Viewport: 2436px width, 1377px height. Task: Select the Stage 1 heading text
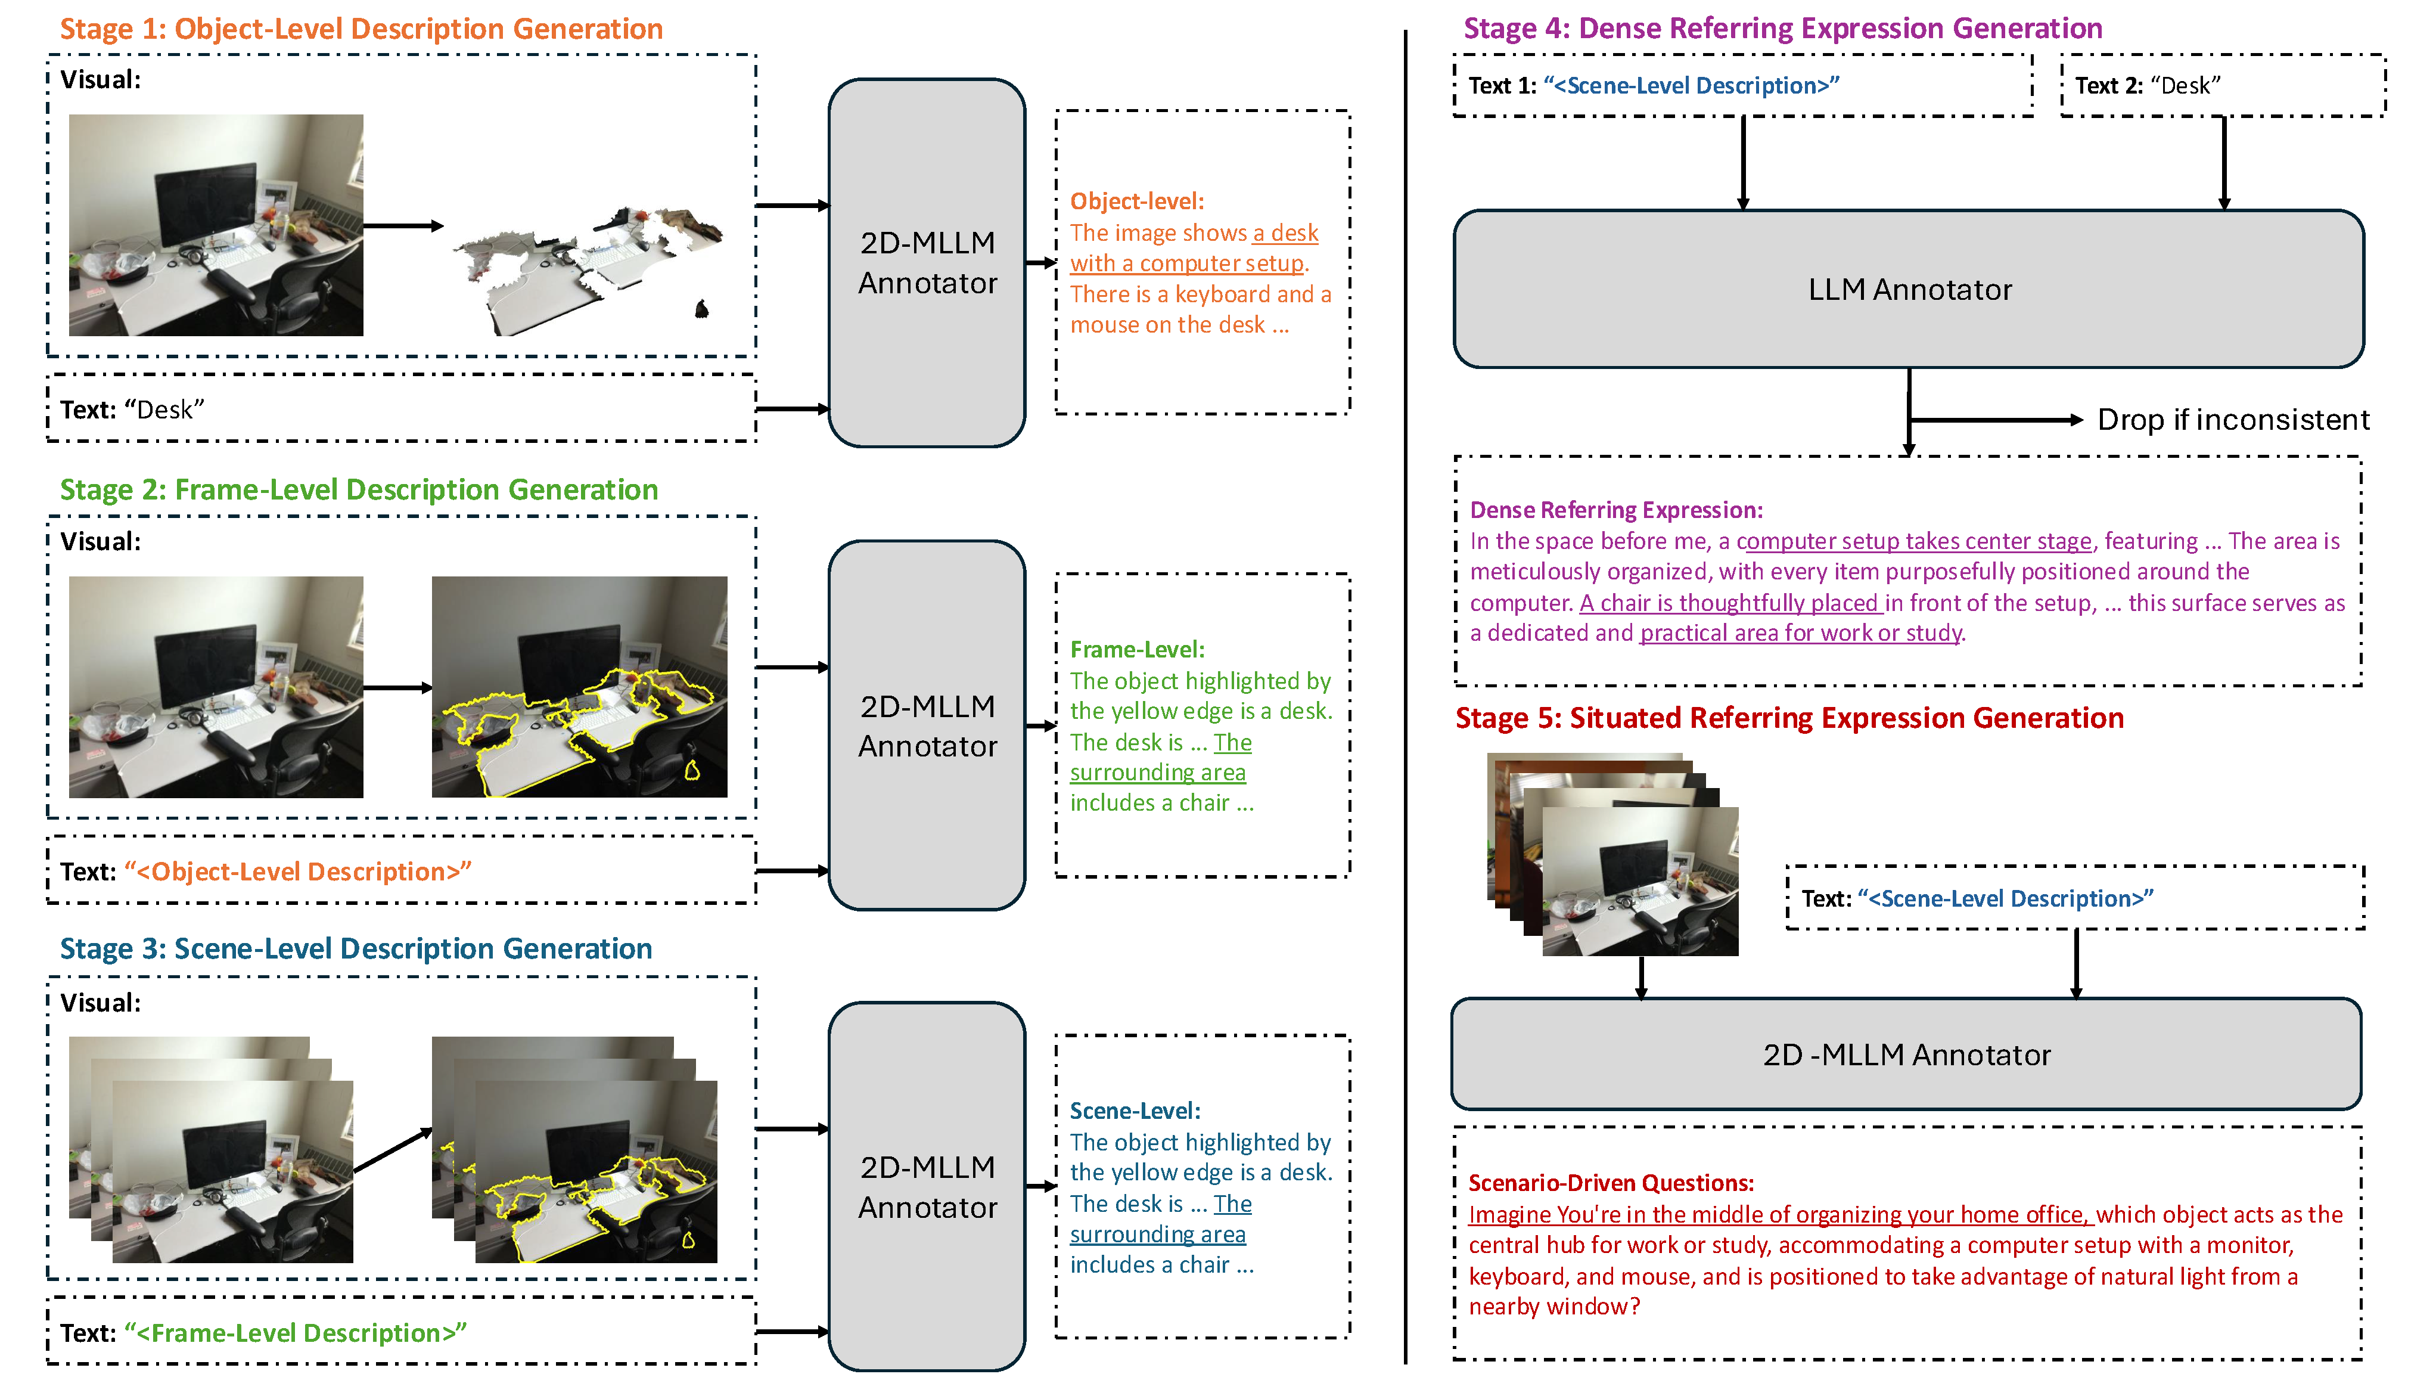(x=361, y=29)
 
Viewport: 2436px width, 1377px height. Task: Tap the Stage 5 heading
(x=1789, y=719)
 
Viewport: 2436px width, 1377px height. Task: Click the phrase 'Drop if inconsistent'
(x=2233, y=420)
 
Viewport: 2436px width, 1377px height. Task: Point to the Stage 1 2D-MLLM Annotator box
(x=927, y=263)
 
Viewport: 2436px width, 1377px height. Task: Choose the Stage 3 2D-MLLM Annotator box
(x=927, y=1187)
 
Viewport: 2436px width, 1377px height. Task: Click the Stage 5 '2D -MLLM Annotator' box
(x=1906, y=1055)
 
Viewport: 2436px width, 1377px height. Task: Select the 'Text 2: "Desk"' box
(x=2222, y=86)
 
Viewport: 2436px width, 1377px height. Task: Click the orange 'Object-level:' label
(x=1137, y=201)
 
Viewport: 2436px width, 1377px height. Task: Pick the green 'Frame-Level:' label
(x=1137, y=650)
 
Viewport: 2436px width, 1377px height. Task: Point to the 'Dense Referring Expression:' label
(x=1616, y=511)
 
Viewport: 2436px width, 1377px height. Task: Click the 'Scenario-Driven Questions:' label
(x=1611, y=1183)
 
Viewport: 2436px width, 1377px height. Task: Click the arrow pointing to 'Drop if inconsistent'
(x=1995, y=420)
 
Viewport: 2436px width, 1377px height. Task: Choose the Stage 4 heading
(x=1782, y=29)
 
